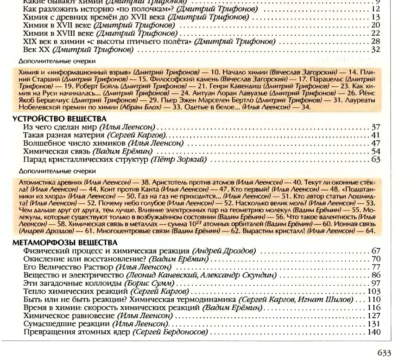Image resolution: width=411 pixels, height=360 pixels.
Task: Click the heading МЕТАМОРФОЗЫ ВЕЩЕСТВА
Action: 65,243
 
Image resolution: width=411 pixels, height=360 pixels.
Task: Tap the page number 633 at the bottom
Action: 384,353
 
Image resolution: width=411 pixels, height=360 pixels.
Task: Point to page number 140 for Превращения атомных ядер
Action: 373,332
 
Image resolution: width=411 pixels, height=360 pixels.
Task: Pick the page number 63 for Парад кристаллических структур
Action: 376,160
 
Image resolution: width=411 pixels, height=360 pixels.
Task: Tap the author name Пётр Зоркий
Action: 179,160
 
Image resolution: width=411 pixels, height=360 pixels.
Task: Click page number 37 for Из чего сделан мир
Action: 376,127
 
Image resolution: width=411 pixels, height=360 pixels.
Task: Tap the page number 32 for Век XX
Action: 376,49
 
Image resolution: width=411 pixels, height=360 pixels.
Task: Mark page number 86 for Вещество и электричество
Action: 376,275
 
